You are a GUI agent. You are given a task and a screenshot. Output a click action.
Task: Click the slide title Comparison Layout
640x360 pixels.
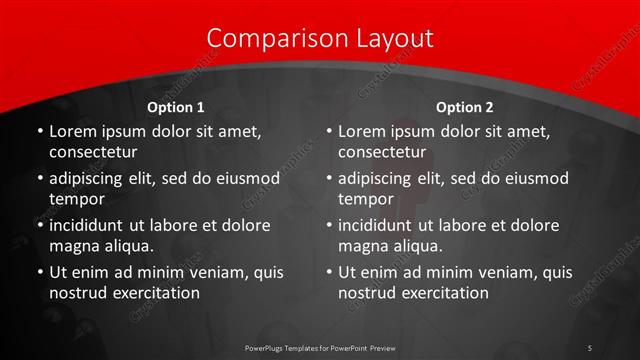coord(320,39)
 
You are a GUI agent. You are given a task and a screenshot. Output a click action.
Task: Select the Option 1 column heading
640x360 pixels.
coord(176,107)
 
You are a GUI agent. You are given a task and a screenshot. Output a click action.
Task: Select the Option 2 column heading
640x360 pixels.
coord(465,107)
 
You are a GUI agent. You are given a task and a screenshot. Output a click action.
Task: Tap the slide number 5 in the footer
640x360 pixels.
coord(590,346)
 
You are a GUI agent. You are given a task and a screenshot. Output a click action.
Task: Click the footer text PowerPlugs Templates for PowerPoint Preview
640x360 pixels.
coord(320,346)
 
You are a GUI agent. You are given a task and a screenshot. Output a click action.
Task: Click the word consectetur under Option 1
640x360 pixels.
coord(92,153)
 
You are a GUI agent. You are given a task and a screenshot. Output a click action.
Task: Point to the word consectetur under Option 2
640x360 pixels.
coord(382,153)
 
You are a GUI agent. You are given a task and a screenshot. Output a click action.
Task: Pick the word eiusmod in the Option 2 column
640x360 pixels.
coord(537,179)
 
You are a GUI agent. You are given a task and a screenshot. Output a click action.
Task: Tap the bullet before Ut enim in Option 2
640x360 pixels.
coord(329,272)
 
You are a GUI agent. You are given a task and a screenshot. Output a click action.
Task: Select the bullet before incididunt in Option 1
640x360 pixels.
coord(39,225)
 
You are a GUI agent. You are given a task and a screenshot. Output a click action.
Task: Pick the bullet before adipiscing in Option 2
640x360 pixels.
coord(329,179)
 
